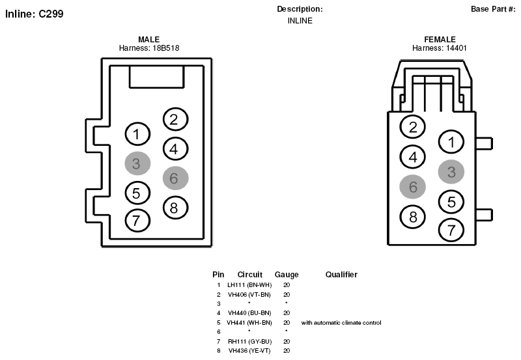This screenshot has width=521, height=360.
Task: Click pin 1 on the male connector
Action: click(137, 134)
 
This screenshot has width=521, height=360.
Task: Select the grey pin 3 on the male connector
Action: click(137, 163)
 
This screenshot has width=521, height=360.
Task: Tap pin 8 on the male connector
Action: click(175, 208)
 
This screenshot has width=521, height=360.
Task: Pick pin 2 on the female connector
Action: click(412, 126)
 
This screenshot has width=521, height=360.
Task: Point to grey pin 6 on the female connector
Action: click(412, 187)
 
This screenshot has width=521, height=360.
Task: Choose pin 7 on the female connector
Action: click(451, 230)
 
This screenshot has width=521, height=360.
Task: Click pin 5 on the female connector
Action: click(451, 202)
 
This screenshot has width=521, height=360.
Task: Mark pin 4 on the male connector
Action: click(175, 149)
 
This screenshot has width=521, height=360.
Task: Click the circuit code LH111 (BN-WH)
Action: click(249, 285)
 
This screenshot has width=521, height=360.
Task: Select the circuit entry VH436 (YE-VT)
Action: click(249, 351)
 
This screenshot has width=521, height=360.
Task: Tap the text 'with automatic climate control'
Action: click(341, 322)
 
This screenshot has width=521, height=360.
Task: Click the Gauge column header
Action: click(287, 275)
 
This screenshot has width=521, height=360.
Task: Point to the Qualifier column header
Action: click(341, 274)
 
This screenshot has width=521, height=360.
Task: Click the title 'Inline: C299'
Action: click(35, 14)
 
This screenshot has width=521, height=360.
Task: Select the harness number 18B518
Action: click(166, 48)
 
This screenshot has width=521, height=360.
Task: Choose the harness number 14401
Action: click(457, 48)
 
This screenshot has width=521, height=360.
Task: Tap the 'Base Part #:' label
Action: click(493, 9)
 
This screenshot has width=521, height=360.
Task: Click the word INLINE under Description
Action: click(300, 21)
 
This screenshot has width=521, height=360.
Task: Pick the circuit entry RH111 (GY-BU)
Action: click(249, 341)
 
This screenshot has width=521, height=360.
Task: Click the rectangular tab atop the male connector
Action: click(156, 77)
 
